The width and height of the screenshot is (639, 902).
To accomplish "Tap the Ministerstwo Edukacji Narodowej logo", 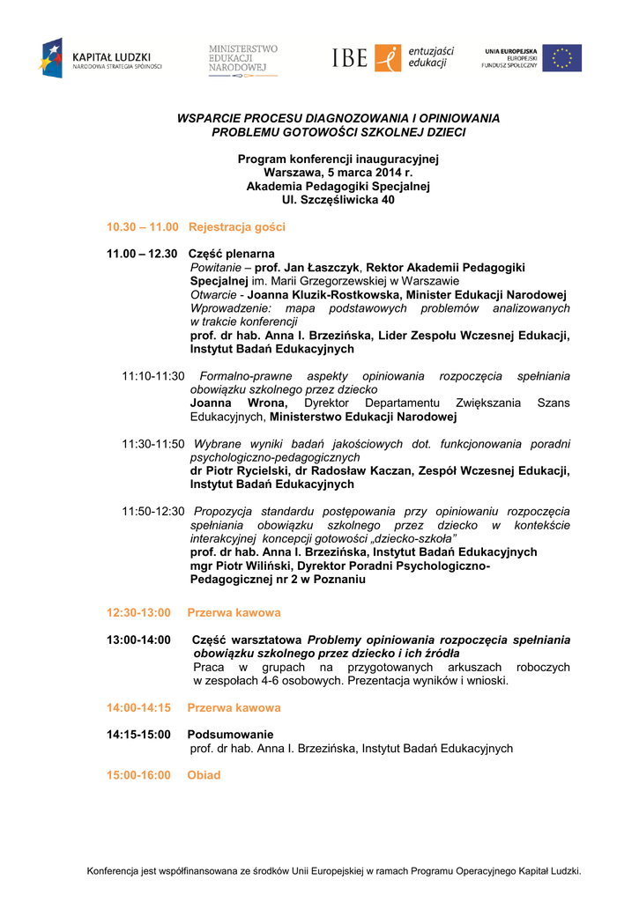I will (243, 60).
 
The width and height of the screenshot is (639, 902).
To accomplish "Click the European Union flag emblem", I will (561, 59).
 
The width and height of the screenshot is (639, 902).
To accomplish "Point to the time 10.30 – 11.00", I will (143, 226).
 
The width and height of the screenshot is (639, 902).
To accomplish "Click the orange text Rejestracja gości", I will (237, 226).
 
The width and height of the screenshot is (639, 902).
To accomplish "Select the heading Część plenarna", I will (233, 254).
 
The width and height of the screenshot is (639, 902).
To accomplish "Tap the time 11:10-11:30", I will (153, 376).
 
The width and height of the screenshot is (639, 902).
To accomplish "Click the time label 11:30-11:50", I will (153, 444).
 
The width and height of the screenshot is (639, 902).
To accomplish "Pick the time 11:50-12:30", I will (153, 511).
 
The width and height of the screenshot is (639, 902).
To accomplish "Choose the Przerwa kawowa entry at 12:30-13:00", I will (234, 612).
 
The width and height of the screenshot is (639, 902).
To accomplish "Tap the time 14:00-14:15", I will (138, 707).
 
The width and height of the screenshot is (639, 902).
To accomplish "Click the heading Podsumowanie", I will (230, 735).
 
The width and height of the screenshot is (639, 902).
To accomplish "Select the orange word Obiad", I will (204, 775).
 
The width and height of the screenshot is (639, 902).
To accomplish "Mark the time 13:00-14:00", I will (138, 640).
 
